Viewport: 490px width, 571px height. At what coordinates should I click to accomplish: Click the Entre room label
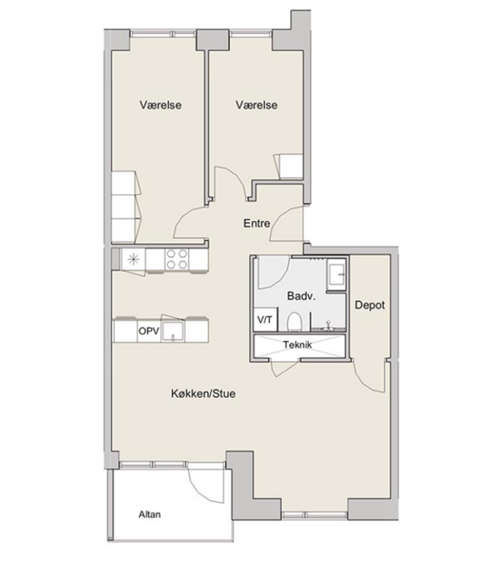point(257,224)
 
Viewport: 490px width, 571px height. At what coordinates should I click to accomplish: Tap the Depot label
point(369,305)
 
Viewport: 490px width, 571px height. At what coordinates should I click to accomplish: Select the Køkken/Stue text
point(203,394)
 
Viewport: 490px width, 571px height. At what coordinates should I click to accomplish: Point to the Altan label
point(150,514)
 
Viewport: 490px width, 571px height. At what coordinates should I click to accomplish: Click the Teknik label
point(298,344)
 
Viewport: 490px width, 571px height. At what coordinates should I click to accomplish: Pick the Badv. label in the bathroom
point(301,295)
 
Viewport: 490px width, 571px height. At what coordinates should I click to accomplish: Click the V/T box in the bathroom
point(265,320)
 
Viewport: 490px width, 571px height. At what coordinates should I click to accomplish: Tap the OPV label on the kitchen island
point(149,331)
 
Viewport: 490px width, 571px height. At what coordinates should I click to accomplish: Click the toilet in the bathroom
point(294,321)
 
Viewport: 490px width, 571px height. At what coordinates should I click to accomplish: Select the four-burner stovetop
point(177,259)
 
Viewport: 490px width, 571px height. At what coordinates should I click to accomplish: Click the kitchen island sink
point(174,332)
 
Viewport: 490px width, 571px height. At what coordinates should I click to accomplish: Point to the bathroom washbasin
point(336,275)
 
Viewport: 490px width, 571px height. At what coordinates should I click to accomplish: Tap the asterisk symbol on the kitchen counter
point(133,259)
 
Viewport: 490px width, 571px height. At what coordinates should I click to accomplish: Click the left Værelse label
point(160,105)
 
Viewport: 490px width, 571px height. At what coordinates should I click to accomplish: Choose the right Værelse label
point(256,105)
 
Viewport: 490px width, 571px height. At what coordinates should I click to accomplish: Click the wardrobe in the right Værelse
point(289,166)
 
